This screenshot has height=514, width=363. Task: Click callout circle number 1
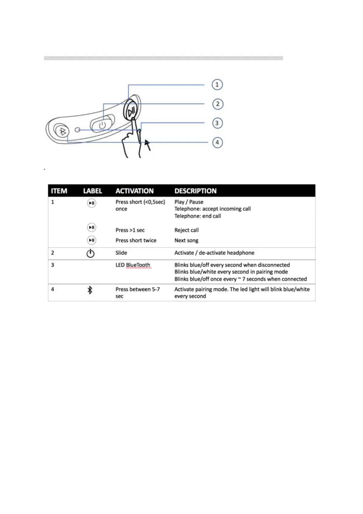pos(217,85)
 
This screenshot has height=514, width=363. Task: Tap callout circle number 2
pos(217,104)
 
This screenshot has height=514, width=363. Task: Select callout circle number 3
pos(217,123)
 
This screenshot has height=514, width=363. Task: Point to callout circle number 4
pos(217,143)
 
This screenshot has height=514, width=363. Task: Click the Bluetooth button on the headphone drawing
pos(62,131)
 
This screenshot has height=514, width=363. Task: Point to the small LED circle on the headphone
pos(77,130)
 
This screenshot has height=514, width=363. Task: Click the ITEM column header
pos(59,191)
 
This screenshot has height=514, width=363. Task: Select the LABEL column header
pos(92,191)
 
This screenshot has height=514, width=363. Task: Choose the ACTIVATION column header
pos(135,191)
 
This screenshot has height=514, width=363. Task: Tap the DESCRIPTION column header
pos(196,191)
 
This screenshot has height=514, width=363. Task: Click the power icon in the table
pos(90,253)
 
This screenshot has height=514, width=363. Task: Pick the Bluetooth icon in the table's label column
pos(90,290)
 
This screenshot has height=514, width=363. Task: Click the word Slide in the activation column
pos(121,253)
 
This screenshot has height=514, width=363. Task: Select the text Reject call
pos(186,230)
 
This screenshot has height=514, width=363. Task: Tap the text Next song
pos(186,241)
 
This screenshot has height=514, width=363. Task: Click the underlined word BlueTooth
pos(138,265)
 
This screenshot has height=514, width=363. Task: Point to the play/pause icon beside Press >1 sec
pos(92,227)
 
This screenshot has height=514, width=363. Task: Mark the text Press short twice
pos(136,241)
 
